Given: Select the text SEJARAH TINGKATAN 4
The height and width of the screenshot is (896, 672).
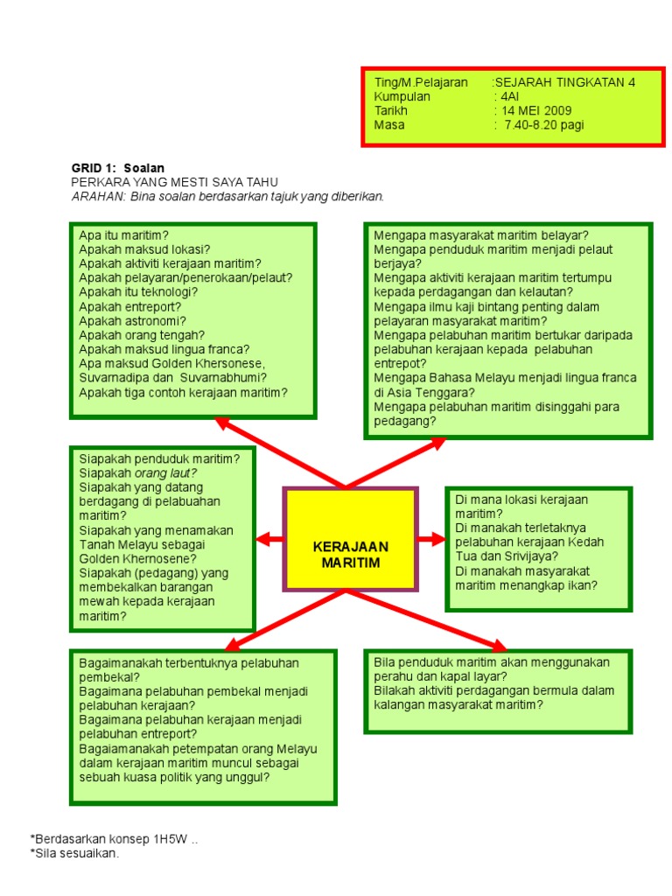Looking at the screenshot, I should coord(565,82).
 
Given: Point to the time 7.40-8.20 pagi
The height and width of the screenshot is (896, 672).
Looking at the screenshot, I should coord(543,125).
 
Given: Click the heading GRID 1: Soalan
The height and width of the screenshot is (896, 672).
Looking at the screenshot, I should coord(117,167).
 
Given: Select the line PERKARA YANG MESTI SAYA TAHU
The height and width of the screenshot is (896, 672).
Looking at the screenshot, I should coord(174,181).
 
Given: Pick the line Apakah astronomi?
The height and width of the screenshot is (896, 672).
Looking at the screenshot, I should coord(132,320).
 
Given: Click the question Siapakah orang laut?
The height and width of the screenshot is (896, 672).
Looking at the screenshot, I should coord(137,472).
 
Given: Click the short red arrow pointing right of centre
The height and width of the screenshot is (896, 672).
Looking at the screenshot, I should coord(431,539).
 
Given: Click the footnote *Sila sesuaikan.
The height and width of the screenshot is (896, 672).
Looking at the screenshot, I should coord(73,853).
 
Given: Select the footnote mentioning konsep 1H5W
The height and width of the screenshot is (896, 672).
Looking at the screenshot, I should coord(114,839).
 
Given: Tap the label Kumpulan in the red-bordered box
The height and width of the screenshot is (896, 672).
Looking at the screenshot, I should coord(402,96).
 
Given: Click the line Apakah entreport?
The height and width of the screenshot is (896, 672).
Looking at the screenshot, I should coord(130,306).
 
